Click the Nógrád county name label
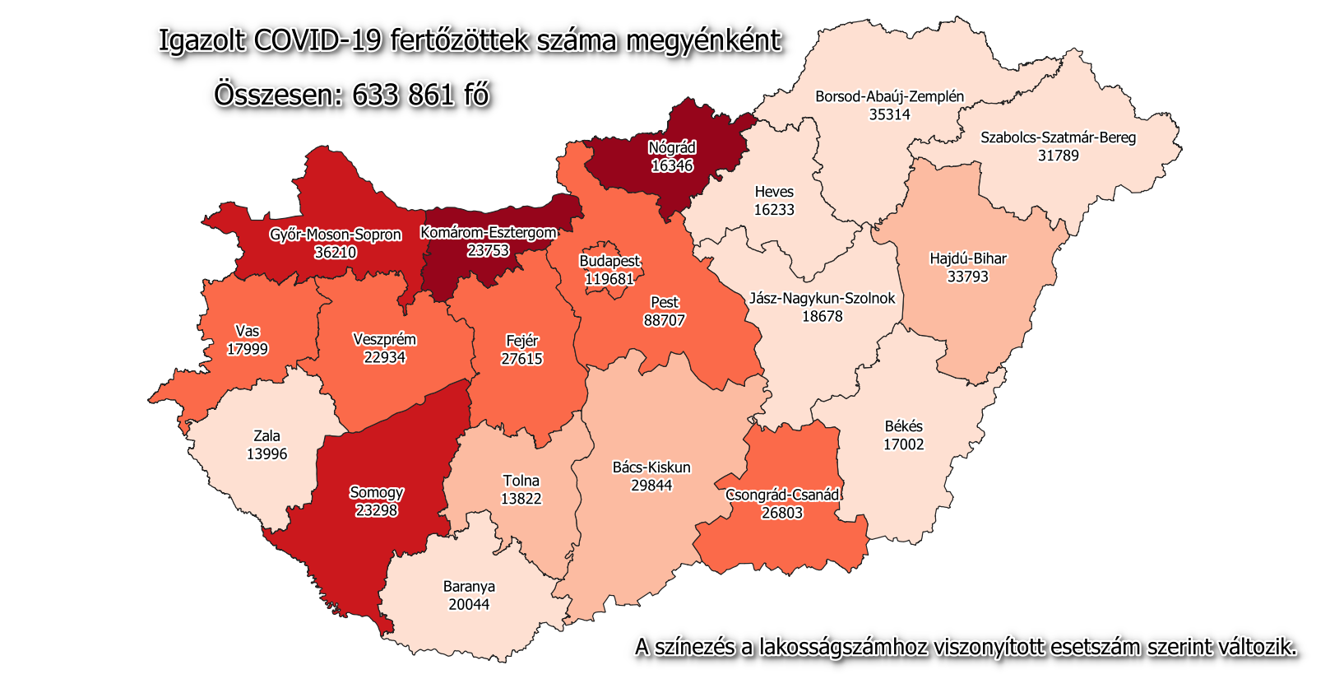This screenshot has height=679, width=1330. click(x=672, y=148)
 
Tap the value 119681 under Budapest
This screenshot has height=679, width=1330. click(x=609, y=279)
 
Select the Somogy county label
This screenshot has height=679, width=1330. click(x=377, y=492)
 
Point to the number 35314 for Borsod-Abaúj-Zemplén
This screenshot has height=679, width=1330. click(x=890, y=114)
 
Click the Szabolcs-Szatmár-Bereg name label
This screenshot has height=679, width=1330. click(x=1058, y=137)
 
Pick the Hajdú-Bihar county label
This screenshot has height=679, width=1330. click(x=968, y=258)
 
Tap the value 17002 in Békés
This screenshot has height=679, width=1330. click(x=904, y=444)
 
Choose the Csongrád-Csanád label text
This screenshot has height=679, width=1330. click(x=782, y=495)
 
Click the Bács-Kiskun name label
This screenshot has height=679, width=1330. click(x=651, y=467)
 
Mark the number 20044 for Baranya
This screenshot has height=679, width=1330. click(x=469, y=605)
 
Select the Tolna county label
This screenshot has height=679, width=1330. click(x=521, y=481)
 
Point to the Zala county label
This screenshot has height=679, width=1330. click(x=266, y=436)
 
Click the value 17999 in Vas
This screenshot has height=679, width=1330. click(x=248, y=349)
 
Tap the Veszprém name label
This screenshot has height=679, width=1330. click(x=384, y=339)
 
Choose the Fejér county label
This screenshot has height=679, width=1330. click(x=522, y=341)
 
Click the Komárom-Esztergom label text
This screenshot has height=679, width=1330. click(x=489, y=233)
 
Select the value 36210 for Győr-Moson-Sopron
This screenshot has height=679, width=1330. click(x=336, y=253)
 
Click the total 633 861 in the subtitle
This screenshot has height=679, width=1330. click(x=403, y=95)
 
